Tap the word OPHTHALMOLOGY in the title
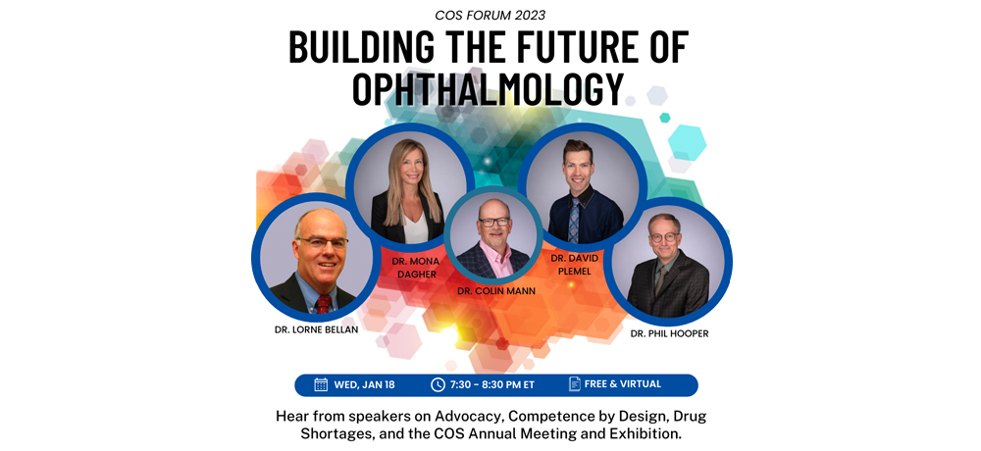(489, 88)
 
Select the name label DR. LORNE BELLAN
(316, 329)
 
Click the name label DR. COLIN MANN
(496, 291)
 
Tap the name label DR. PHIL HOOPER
(669, 334)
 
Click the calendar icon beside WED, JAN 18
(321, 384)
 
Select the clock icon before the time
(438, 384)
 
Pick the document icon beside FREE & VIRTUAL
(574, 384)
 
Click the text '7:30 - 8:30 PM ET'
(492, 385)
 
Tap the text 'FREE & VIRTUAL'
(623, 384)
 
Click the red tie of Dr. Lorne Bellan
(323, 304)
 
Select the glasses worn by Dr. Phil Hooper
(664, 237)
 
